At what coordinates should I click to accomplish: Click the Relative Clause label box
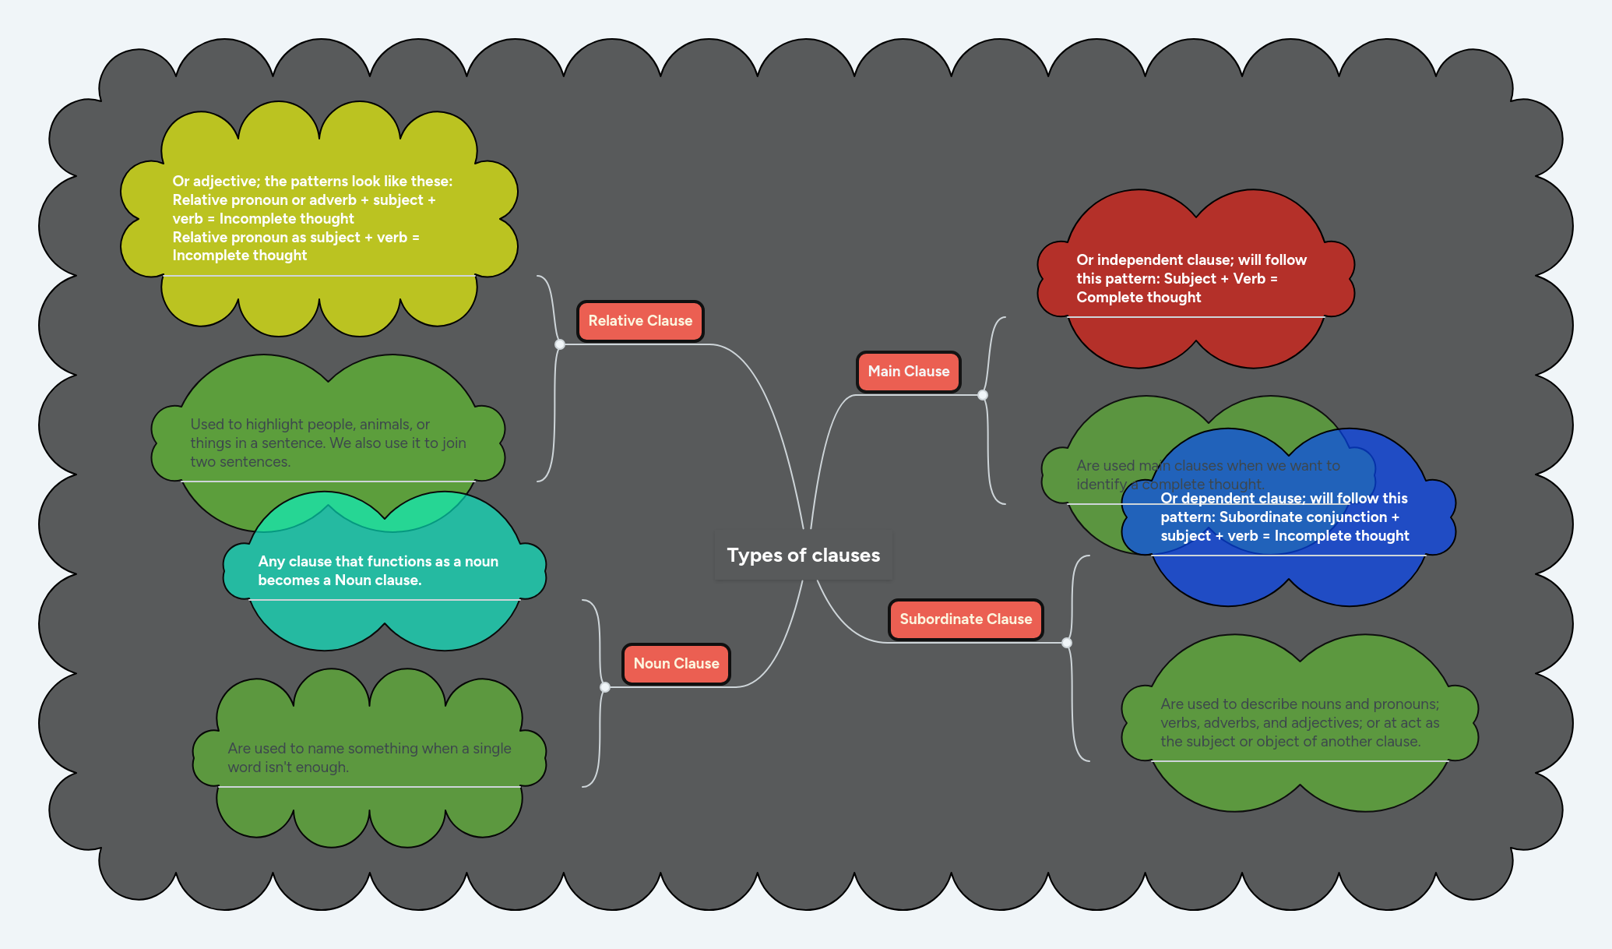click(640, 321)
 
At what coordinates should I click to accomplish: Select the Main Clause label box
click(908, 372)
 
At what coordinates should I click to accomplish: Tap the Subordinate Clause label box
click(966, 619)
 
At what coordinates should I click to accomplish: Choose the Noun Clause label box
click(676, 664)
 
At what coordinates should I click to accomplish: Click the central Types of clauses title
click(803, 556)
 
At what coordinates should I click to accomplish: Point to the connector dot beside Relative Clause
click(560, 344)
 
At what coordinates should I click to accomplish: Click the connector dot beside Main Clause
click(983, 395)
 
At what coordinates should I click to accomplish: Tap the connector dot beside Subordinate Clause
click(1067, 643)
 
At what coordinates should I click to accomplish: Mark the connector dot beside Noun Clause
click(605, 687)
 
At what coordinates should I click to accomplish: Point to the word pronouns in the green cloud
click(1405, 704)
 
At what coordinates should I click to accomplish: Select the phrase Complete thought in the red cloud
click(1139, 298)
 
